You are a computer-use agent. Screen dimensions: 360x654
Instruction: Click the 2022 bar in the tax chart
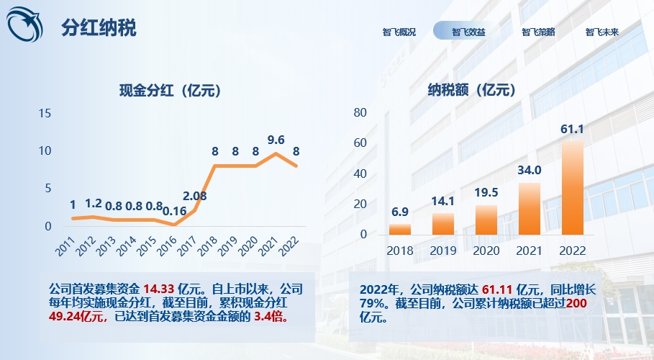(x=572, y=187)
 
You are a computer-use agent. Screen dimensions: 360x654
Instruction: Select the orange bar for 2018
(x=400, y=229)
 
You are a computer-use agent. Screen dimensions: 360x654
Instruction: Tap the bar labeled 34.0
(x=530, y=208)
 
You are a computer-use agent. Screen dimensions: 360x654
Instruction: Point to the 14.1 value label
(x=443, y=202)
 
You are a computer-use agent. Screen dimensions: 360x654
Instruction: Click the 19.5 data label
(x=486, y=194)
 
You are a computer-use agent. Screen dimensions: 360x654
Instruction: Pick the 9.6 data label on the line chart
(x=276, y=140)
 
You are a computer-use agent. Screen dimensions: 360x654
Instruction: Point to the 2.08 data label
(x=195, y=195)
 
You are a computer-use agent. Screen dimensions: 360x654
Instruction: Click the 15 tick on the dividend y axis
(x=45, y=113)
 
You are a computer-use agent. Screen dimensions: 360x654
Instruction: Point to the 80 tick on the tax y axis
(x=360, y=112)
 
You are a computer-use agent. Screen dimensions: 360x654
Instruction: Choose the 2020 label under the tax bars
(x=486, y=251)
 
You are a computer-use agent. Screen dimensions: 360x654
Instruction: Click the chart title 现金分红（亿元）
(x=170, y=91)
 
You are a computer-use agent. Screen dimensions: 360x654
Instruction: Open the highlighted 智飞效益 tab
(x=468, y=32)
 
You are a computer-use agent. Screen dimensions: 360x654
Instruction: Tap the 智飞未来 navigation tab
(x=602, y=32)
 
